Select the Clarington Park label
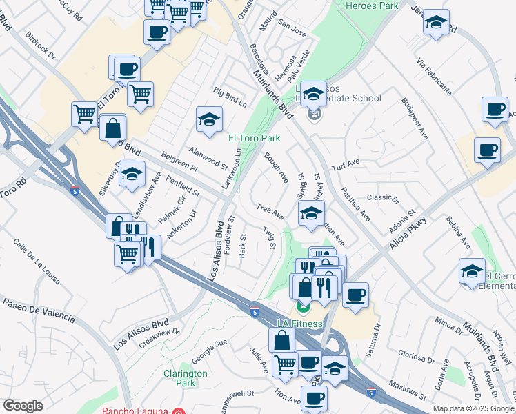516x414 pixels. coord(186,377)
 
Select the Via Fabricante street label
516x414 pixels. coord(435,77)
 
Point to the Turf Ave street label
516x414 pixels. coord(346,164)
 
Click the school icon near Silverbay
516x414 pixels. coord(132,175)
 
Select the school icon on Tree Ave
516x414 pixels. coord(312,214)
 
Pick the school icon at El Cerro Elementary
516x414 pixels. coord(472,271)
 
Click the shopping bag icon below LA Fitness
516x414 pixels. coord(282,340)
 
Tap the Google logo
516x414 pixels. coord(23,406)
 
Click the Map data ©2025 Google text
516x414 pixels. coord(473,408)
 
